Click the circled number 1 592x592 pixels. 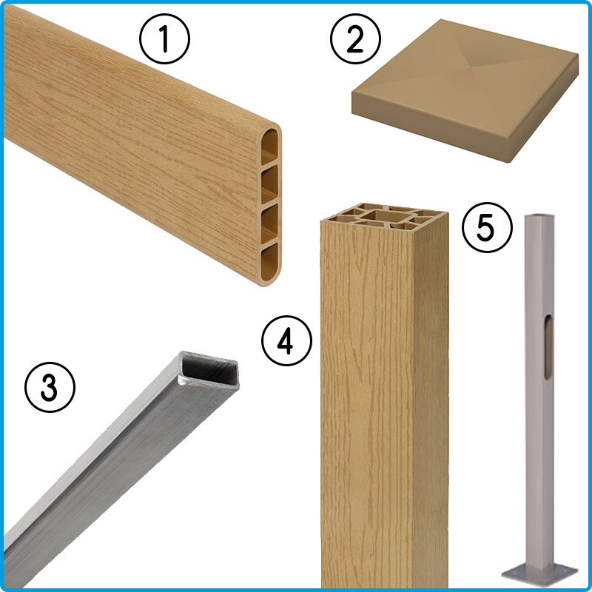click(164, 38)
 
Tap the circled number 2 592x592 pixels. click(355, 38)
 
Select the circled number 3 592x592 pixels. click(50, 387)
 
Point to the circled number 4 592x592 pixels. click(286, 340)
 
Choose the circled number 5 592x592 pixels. click(487, 227)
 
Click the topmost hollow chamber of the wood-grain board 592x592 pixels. click(269, 147)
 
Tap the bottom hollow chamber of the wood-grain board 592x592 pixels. click(269, 263)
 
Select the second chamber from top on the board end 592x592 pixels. click(269, 185)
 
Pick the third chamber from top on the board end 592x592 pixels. click(269, 223)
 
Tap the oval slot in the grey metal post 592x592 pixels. click(548, 346)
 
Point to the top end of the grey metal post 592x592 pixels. click(540, 217)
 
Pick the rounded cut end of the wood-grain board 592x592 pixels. click(269, 205)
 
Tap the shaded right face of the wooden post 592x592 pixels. click(431, 400)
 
